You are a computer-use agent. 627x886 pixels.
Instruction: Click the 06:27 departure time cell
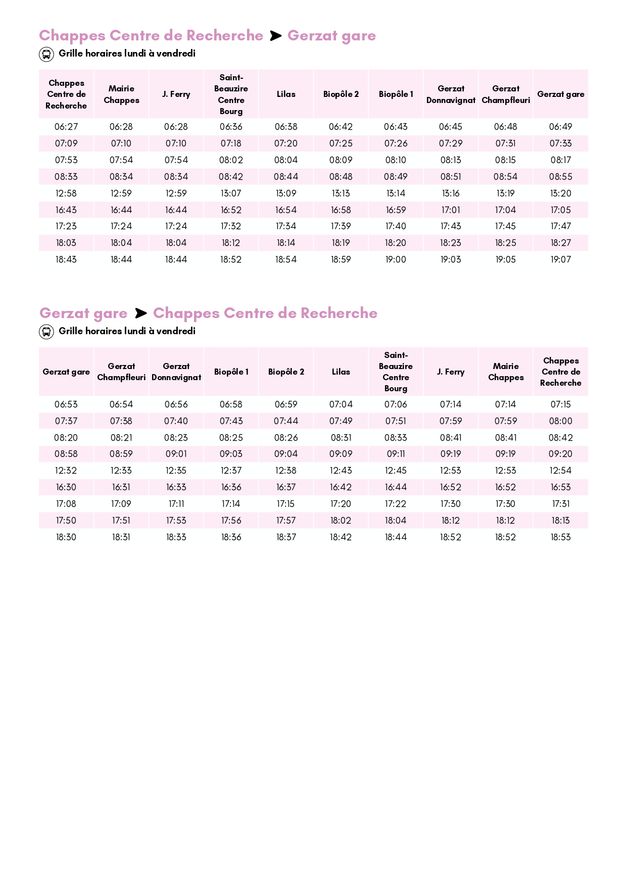(66, 127)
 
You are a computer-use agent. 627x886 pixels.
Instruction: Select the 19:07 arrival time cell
(560, 259)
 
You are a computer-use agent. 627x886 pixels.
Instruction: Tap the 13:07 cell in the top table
(231, 193)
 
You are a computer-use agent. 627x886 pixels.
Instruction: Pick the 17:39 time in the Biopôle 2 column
(341, 226)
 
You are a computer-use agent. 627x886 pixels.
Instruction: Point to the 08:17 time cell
(560, 160)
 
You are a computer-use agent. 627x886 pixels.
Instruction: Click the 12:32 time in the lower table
(66, 471)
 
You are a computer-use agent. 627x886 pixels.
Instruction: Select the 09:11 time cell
(396, 454)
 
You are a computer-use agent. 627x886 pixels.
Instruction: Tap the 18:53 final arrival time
(560, 537)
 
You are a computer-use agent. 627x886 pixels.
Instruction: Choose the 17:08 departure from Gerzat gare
(66, 504)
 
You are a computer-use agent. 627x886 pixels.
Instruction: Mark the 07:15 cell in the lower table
(560, 404)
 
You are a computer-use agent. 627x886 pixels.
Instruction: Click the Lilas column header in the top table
(286, 94)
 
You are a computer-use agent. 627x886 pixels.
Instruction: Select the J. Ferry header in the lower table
(451, 372)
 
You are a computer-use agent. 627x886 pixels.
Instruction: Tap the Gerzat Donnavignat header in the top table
(451, 94)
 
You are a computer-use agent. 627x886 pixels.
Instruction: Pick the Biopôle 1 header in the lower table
(231, 372)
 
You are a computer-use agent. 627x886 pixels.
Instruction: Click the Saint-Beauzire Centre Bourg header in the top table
(231, 94)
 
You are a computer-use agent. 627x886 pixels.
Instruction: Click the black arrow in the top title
(275, 36)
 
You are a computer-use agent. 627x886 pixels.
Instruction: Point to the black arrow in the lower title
(140, 314)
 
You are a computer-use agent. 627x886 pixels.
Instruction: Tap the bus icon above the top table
(46, 54)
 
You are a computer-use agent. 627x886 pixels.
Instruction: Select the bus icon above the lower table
(46, 332)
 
